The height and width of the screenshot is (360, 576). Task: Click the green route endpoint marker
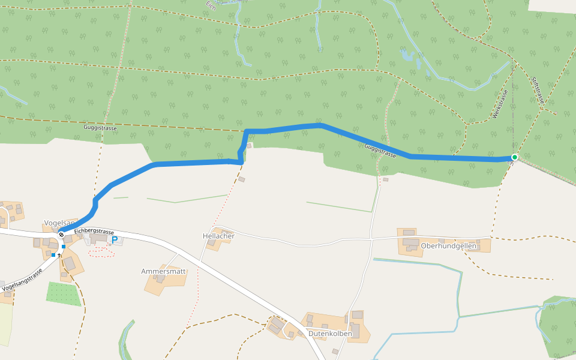point(514,157)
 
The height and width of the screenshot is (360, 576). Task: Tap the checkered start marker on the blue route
point(61,235)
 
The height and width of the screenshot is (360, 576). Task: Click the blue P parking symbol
point(114,240)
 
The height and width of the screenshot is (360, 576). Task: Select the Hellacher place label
point(218,236)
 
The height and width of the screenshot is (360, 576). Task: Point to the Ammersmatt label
point(164,271)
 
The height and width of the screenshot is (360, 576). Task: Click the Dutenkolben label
point(329,333)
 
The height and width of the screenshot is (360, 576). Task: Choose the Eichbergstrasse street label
point(94,232)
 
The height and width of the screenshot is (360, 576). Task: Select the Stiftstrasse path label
point(537,89)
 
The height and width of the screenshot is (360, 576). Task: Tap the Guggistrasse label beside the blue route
point(380,150)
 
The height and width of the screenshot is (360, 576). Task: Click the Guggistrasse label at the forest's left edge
point(100,128)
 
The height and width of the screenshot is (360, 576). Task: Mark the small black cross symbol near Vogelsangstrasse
point(59,256)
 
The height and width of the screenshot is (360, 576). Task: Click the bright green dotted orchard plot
point(64,293)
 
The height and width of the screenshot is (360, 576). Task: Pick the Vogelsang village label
point(57,222)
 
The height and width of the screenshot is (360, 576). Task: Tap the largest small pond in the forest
point(408,56)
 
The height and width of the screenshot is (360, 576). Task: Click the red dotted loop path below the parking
point(101,252)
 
